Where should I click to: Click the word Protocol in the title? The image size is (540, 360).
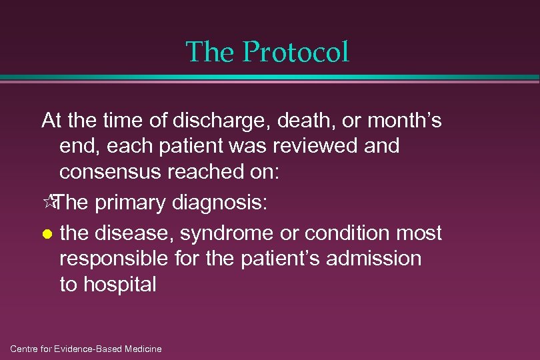pos(296,53)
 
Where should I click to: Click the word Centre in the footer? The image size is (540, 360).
pos(26,349)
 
